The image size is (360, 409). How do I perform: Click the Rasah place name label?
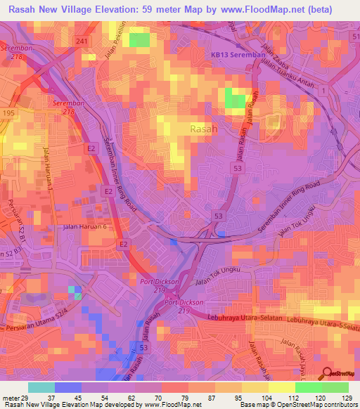(205, 129)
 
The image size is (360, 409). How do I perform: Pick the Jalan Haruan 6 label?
(85, 226)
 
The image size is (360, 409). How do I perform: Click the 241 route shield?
(82, 42)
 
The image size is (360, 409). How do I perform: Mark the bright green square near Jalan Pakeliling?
(140, 39)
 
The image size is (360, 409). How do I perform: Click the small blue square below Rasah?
(173, 242)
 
